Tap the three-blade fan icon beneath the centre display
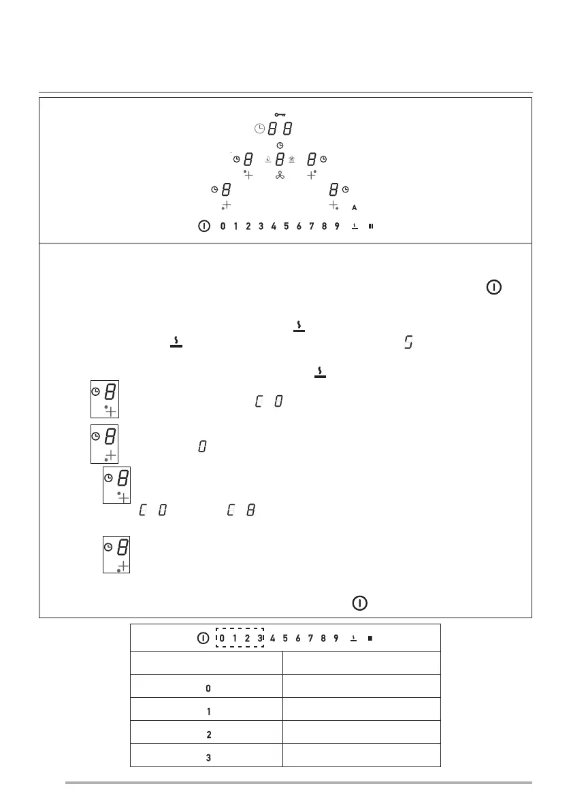coord(280,175)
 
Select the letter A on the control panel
coord(354,207)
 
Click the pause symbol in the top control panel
coord(371,226)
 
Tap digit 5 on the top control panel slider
coord(286,226)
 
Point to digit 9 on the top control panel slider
coord(336,226)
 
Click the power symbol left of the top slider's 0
coord(203,226)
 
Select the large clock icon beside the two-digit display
coord(258,129)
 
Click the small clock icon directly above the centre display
coord(280,146)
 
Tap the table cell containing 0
coord(207,688)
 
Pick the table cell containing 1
coord(207,711)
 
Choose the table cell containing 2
coord(207,735)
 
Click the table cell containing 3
coord(207,758)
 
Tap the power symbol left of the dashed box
coord(202,639)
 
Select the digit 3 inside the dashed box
coord(259,639)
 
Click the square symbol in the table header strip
coord(369,639)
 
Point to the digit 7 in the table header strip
coord(310,639)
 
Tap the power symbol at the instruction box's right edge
coord(495,288)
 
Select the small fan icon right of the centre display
coord(292,160)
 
